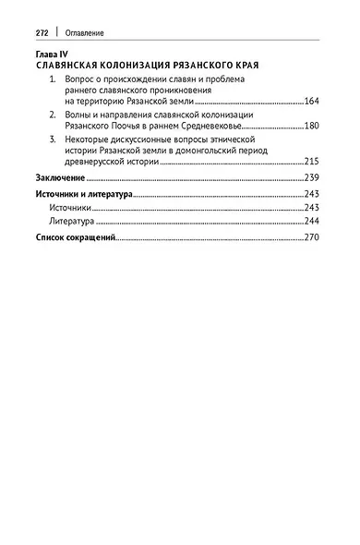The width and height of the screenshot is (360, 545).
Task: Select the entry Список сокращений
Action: (x=75, y=238)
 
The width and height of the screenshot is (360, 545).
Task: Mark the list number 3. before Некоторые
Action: (x=54, y=137)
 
